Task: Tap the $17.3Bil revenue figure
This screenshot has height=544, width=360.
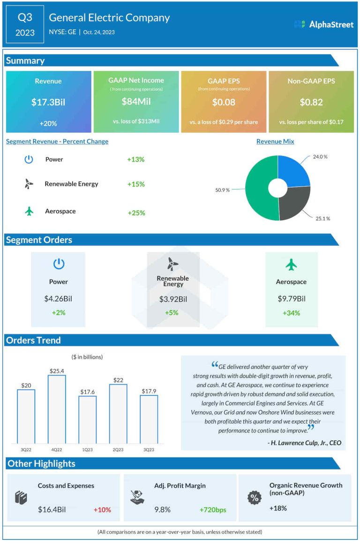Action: coord(48,102)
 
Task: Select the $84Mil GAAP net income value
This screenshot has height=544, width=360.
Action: coord(136,101)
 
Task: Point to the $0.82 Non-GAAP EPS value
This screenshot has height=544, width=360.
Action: coord(311,102)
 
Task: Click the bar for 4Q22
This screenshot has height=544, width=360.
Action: coord(57,409)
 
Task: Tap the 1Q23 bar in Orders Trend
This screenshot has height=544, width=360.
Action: coord(87,420)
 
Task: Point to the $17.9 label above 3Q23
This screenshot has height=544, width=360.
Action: coord(149,391)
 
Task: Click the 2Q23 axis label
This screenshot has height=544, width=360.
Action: coord(118,450)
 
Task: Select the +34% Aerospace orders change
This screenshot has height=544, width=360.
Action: coord(291,313)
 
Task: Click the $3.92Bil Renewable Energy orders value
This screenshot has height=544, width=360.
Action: coord(173,299)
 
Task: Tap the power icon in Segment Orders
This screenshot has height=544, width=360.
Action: coord(59,264)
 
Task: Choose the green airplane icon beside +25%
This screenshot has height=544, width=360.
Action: coord(30,211)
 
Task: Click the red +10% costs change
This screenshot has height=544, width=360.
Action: coord(102,509)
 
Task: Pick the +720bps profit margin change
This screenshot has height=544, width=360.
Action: coord(213,509)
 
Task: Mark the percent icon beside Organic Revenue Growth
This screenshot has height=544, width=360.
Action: coord(255,499)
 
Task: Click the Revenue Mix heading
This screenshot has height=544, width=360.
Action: coord(275,141)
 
